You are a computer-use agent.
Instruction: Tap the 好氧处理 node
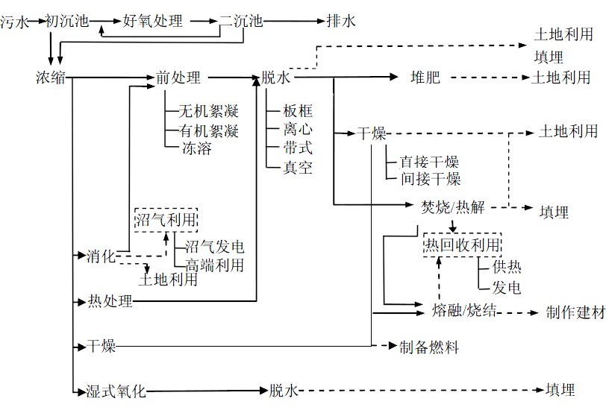[x=153, y=22]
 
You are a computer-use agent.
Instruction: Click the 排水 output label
[x=340, y=22]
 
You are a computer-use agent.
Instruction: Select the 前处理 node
[x=178, y=77]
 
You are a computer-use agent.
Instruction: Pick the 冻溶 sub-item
[x=196, y=148]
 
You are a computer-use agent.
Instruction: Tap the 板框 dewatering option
[x=297, y=112]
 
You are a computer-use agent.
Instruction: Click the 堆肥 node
[x=426, y=77]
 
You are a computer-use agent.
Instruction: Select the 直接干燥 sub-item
[x=429, y=162]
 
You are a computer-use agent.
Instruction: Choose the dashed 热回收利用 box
[x=461, y=245]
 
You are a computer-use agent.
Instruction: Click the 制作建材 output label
[x=575, y=312]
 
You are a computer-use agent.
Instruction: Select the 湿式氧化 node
[x=117, y=391]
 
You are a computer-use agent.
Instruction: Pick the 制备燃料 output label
[x=428, y=347]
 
